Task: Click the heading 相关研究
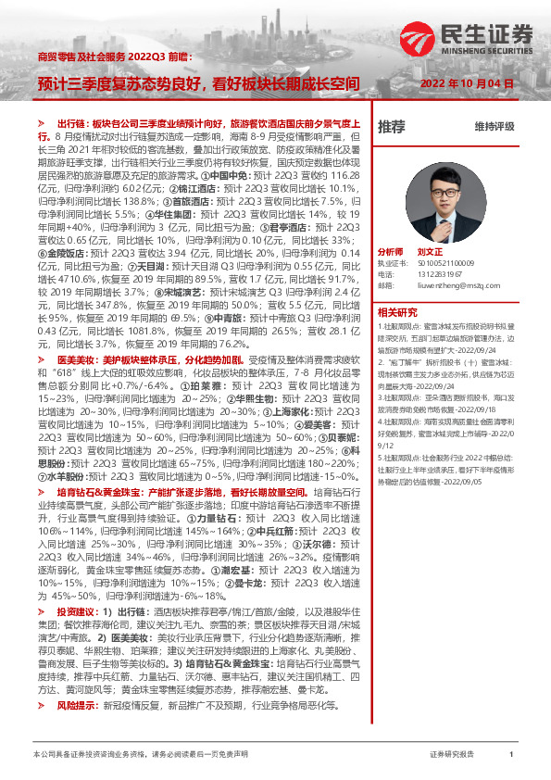397,311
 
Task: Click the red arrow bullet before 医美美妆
43,357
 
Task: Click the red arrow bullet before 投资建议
43,612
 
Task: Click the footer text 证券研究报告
451,755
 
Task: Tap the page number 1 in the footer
511,755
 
